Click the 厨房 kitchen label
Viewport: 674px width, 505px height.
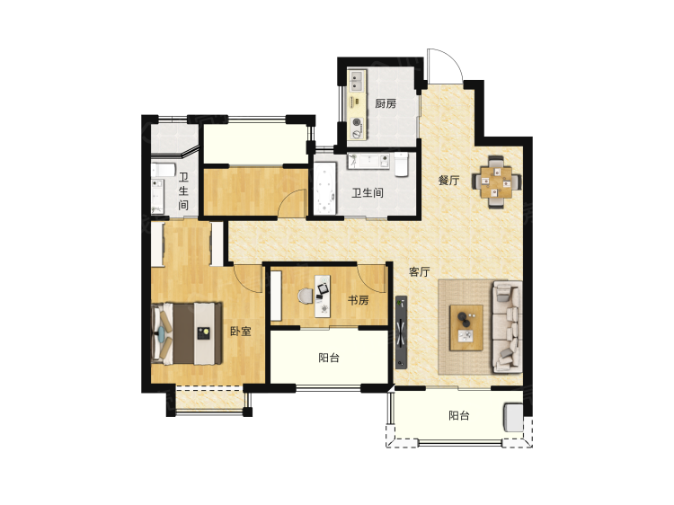(386, 103)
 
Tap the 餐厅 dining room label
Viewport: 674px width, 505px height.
(448, 180)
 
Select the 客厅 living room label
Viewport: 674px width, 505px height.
(419, 271)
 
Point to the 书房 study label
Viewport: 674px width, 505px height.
(358, 300)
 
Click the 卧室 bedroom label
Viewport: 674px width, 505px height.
(240, 332)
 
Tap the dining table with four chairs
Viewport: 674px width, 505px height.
(497, 182)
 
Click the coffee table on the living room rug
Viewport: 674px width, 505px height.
(466, 327)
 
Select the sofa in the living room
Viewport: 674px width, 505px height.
(507, 327)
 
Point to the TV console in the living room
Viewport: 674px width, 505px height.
(401, 332)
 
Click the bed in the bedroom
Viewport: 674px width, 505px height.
(187, 333)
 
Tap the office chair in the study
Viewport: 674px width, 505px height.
(306, 297)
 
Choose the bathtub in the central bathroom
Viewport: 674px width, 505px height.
(325, 189)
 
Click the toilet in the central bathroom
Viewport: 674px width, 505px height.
(401, 164)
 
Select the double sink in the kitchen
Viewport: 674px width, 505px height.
(357, 82)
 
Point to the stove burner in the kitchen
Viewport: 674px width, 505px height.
(357, 122)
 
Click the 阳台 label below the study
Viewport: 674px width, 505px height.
(329, 358)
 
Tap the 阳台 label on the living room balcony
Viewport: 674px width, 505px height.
(458, 416)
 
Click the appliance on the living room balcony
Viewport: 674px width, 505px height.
(513, 417)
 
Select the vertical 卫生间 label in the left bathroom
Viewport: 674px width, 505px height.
(183, 190)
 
